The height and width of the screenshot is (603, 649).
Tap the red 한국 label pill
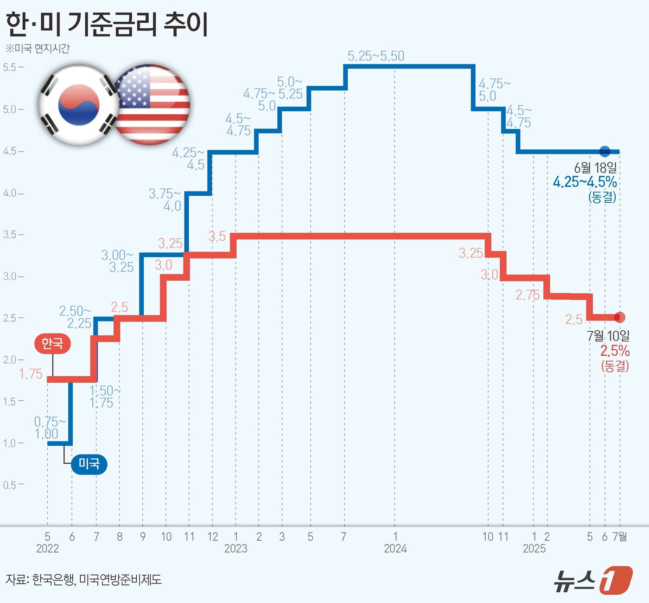pyautogui.click(x=52, y=343)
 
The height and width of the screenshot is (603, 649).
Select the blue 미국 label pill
pyautogui.click(x=89, y=463)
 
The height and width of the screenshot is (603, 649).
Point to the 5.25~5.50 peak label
pyautogui.click(x=376, y=56)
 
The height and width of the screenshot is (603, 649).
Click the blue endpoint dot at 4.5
pyautogui.click(x=604, y=151)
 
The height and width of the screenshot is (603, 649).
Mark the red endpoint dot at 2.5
pyautogui.click(x=620, y=317)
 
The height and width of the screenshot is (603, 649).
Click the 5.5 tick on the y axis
pyautogui.click(x=11, y=67)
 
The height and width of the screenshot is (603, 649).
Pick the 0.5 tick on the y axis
pyautogui.click(x=11, y=485)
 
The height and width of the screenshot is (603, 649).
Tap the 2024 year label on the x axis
pyautogui.click(x=395, y=549)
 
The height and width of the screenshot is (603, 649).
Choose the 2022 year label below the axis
pyautogui.click(x=47, y=549)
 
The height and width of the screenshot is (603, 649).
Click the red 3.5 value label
pyautogui.click(x=217, y=236)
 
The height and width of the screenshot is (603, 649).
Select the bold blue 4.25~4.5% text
pyautogui.click(x=585, y=182)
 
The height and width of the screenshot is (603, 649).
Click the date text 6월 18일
pyautogui.click(x=595, y=167)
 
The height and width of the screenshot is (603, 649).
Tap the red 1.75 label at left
pyautogui.click(x=31, y=374)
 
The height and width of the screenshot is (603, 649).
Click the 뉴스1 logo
pyautogui.click(x=593, y=580)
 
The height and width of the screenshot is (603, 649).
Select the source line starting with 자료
pyautogui.click(x=83, y=579)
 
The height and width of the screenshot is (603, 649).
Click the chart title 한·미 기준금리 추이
pyautogui.click(x=107, y=24)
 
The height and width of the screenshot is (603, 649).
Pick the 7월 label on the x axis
pyautogui.click(x=620, y=537)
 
